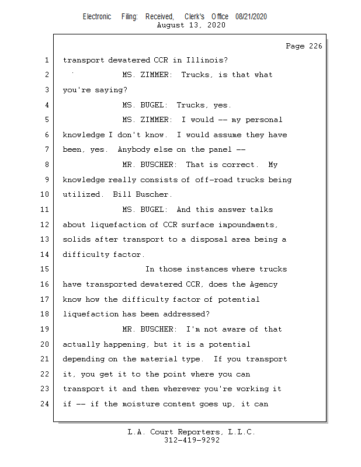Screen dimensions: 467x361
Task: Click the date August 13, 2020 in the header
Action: (192, 25)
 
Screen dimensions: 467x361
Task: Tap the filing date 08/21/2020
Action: (251, 16)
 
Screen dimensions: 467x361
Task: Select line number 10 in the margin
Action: (46, 194)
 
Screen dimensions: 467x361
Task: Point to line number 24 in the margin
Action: (46, 403)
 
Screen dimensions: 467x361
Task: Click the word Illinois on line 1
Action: (210, 60)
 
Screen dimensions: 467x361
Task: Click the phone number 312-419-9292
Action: (192, 440)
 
